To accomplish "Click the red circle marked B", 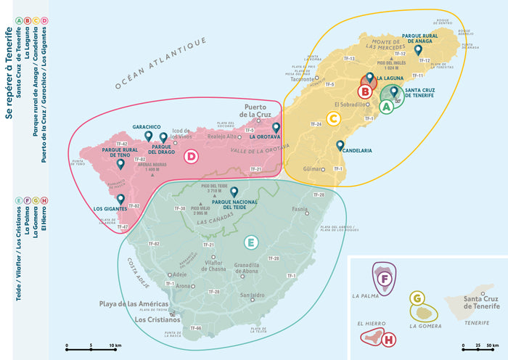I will (x=365, y=91).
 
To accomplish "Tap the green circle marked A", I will (x=387, y=106).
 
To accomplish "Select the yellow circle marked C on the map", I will (x=333, y=119).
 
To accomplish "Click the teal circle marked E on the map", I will (x=251, y=242).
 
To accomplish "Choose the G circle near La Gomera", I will (x=417, y=298).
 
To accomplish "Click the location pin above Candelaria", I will (x=340, y=144).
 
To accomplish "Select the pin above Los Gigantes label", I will (x=120, y=199).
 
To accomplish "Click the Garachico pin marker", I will (x=148, y=135).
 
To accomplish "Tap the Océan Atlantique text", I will (x=155, y=66).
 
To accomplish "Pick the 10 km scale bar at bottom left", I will (x=91, y=345).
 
